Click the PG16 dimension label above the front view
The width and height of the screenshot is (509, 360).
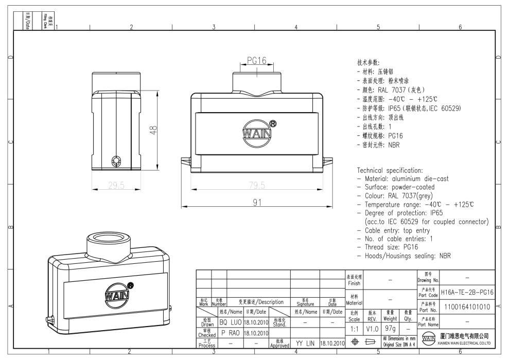(256, 61)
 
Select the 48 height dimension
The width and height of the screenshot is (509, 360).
(153, 130)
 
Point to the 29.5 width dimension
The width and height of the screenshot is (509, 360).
(116, 185)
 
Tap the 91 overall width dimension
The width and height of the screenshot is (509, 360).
(257, 203)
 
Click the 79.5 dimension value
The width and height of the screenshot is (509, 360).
(257, 185)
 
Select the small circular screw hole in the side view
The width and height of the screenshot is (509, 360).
(116, 161)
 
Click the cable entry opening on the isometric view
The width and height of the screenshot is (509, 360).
(109, 237)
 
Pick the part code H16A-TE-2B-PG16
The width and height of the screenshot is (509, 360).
(467, 292)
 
